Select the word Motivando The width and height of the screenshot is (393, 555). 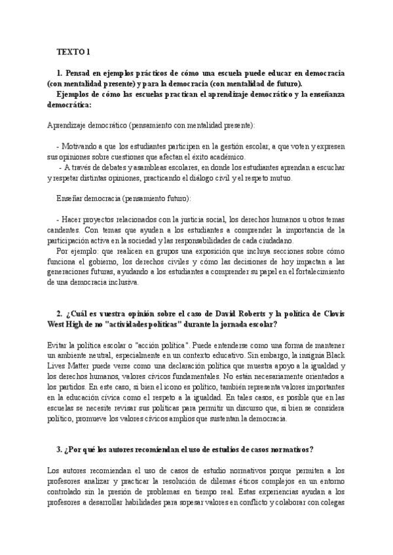pyautogui.click(x=79, y=147)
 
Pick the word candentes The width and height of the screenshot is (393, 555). pyautogui.click(x=64, y=230)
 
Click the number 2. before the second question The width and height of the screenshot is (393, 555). pyautogui.click(x=60, y=315)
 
